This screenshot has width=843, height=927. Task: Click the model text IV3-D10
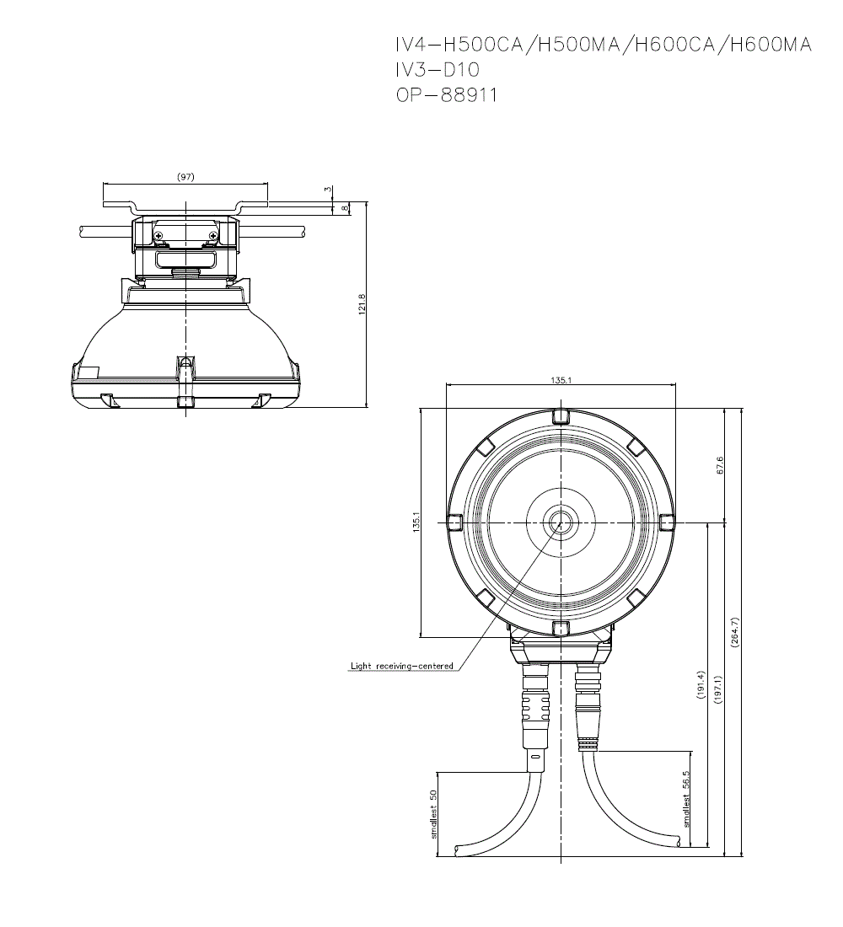(x=438, y=70)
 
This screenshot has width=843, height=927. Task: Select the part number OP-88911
(x=447, y=94)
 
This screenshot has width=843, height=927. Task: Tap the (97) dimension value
(x=185, y=177)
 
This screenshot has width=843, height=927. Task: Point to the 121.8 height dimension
(x=362, y=304)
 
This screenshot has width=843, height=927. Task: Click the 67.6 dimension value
(x=719, y=465)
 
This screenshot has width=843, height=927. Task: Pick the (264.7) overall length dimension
(x=735, y=633)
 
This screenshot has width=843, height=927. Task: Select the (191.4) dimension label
(x=701, y=685)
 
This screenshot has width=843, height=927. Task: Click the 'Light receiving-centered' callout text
(x=401, y=666)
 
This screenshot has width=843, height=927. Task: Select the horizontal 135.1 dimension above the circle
(x=561, y=380)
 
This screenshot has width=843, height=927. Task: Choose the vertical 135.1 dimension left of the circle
(x=416, y=522)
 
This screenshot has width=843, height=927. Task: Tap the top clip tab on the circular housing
(x=561, y=417)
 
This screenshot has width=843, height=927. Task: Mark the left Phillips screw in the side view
(x=159, y=237)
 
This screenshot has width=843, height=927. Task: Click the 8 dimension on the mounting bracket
(x=344, y=208)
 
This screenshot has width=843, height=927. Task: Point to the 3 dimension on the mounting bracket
(x=328, y=190)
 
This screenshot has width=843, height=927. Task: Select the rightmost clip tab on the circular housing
(x=666, y=522)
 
